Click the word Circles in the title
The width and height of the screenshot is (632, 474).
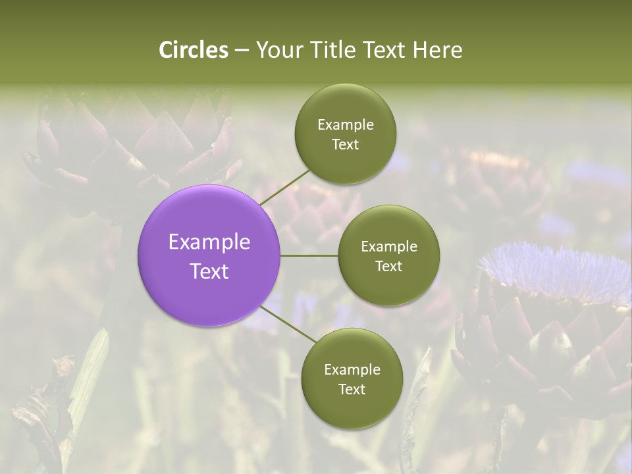(x=194, y=50)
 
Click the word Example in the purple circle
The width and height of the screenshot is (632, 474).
(x=209, y=242)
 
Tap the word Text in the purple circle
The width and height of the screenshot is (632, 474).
(x=209, y=271)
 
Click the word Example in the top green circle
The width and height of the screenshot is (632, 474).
(x=346, y=125)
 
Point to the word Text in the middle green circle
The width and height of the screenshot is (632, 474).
(x=389, y=266)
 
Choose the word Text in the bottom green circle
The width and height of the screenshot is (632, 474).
(x=352, y=389)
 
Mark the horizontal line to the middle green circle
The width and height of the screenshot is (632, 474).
(x=309, y=255)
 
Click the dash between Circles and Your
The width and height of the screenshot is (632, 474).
(x=241, y=51)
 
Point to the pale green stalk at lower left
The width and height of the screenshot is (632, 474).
(x=89, y=382)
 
